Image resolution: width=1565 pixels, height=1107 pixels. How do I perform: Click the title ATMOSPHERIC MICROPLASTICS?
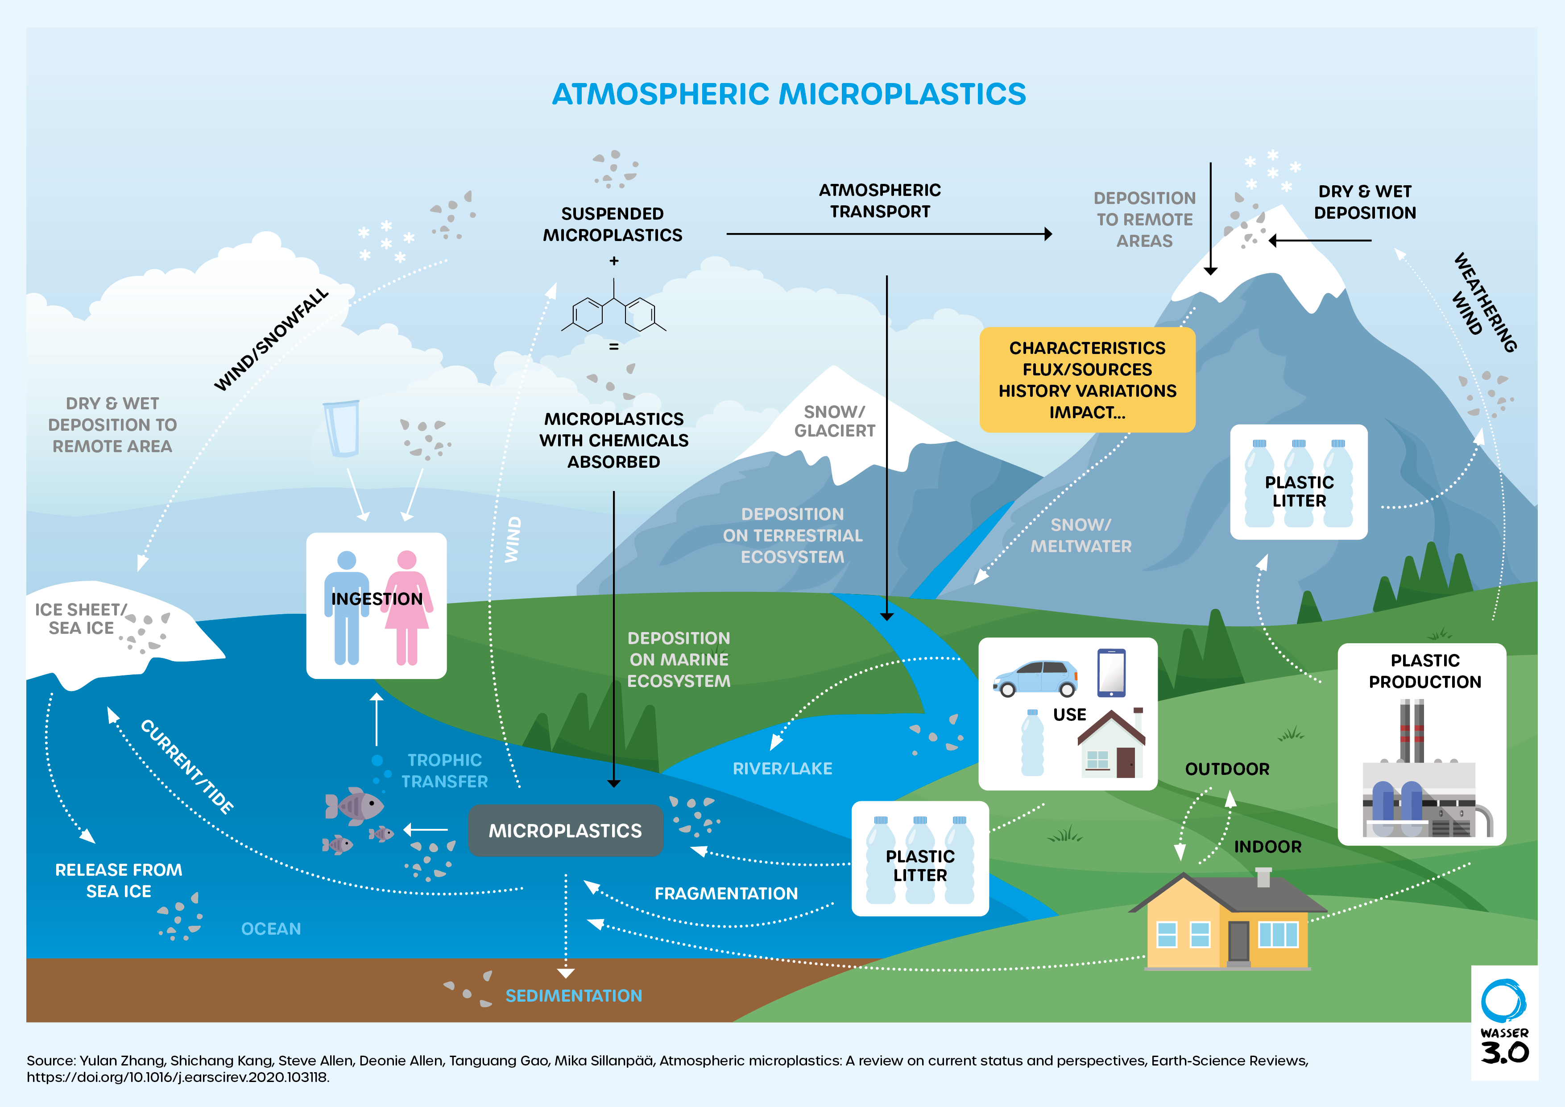coord(789,94)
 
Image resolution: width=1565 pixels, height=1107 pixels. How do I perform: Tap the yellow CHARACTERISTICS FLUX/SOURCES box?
coord(1087,380)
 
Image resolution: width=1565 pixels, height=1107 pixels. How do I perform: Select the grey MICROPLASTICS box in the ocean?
coord(565,831)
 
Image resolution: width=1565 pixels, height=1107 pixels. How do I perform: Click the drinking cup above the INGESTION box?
coord(341,428)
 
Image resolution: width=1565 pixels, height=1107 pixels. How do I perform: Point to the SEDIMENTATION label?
coord(573,996)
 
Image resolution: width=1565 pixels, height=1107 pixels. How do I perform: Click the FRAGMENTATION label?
coord(726,894)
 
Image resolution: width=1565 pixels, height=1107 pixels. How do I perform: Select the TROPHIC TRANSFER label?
coord(444,771)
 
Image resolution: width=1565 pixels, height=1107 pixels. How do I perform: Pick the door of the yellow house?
coord(1238,941)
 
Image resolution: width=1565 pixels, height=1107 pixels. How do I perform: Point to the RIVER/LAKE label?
coord(782,769)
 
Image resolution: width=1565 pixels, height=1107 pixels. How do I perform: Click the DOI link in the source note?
coord(177,1078)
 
